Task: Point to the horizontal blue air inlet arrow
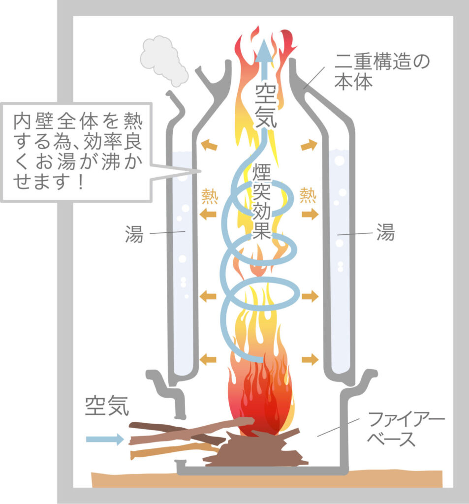[104, 439]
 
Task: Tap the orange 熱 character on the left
[210, 195]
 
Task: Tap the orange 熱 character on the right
[308, 195]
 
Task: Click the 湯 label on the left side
[134, 235]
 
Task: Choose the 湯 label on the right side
[385, 233]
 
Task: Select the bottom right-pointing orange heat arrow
[310, 359]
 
